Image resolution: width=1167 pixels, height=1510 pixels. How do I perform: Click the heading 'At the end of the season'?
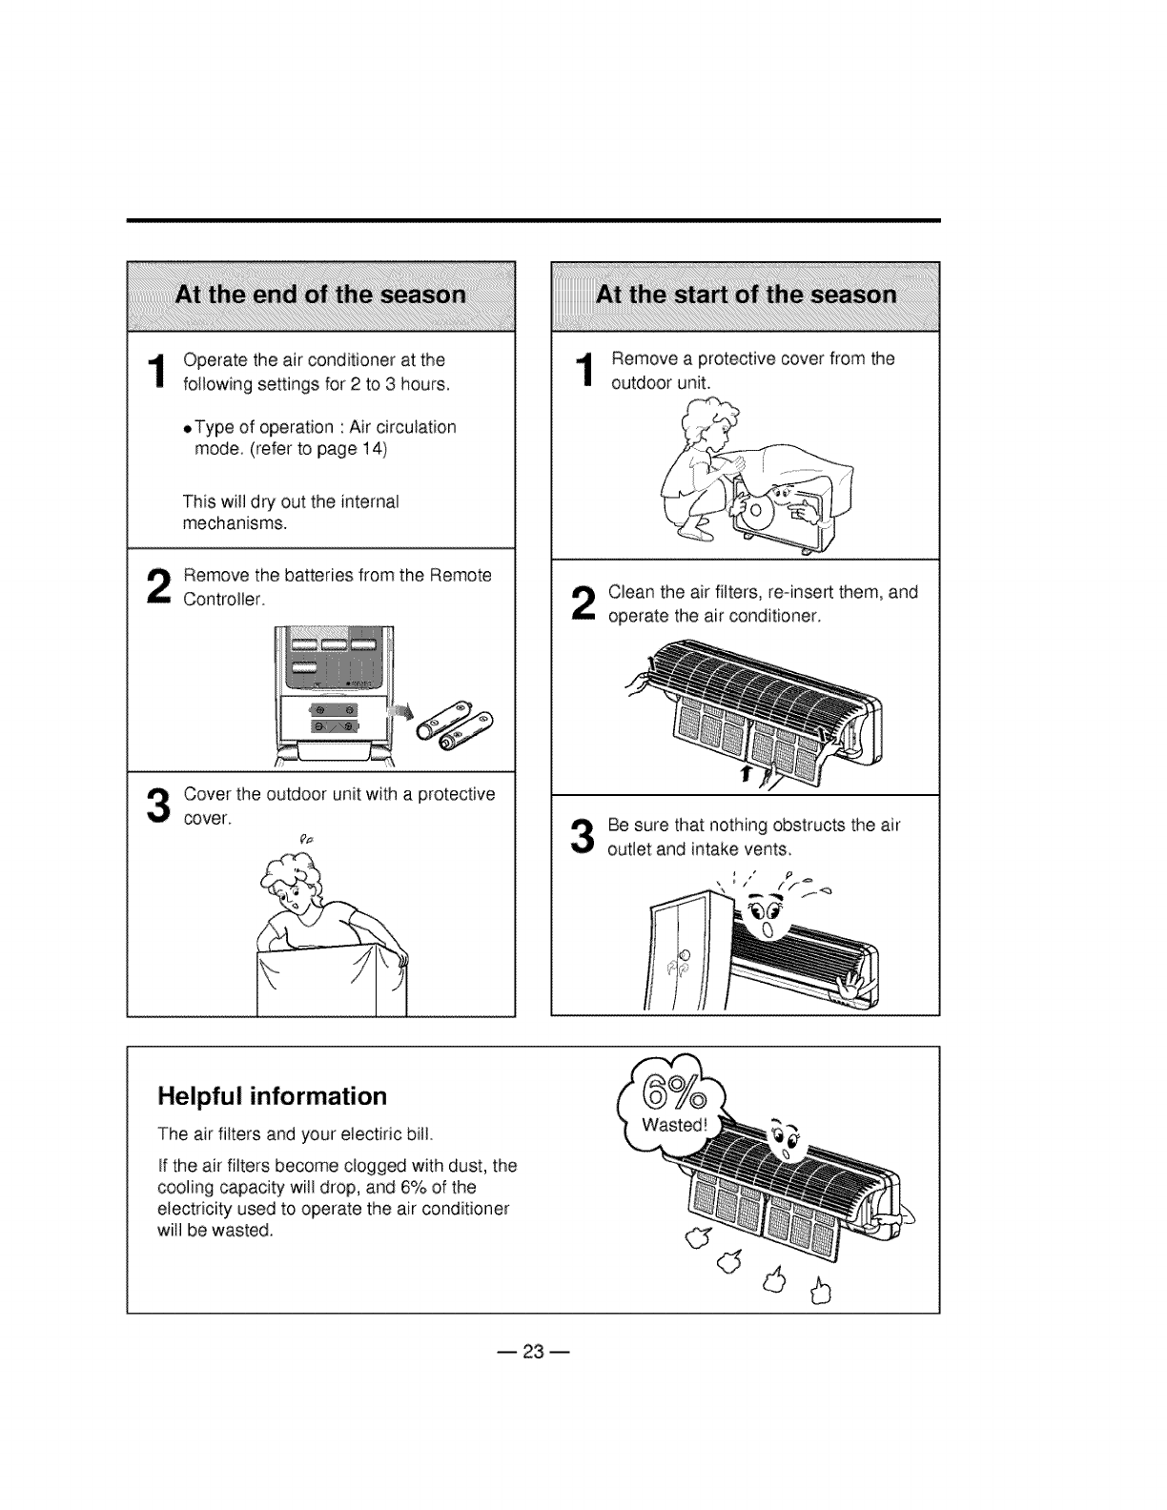[x=320, y=295]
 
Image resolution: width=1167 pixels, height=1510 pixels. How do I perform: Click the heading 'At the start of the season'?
[x=746, y=295]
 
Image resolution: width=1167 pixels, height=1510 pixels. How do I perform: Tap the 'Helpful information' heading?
[x=273, y=1096]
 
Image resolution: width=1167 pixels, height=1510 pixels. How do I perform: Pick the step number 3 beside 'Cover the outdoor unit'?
[x=154, y=806]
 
